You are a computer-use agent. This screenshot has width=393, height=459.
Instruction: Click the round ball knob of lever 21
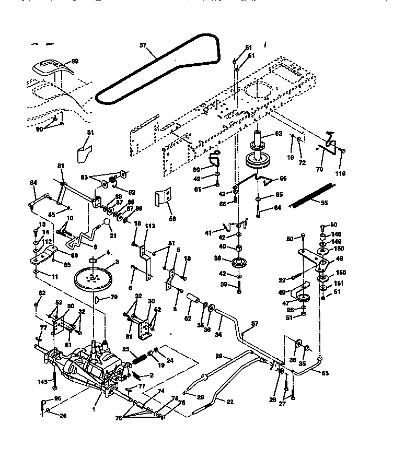coord(107,223)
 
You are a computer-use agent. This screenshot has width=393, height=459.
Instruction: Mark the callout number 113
coord(151,226)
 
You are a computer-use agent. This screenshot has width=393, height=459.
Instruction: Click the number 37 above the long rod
coord(255,324)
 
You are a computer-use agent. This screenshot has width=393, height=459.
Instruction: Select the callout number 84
coord(33,182)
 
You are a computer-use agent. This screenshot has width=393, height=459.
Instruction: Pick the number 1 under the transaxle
coord(95,410)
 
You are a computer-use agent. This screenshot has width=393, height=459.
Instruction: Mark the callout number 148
coord(336,233)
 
